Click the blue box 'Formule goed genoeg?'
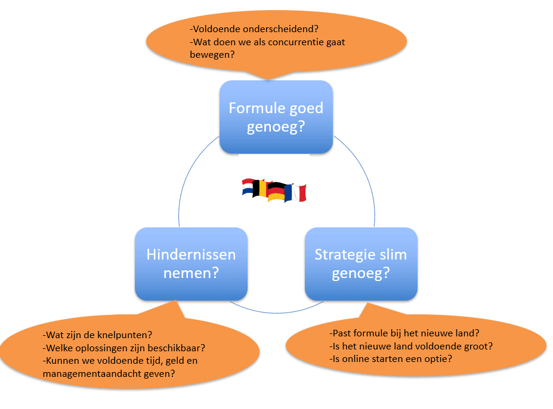tap(276, 117)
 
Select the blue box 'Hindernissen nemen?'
tap(191, 264)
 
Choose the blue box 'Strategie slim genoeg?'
tap(361, 264)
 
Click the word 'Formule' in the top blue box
tap(255, 108)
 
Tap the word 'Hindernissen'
tap(191, 255)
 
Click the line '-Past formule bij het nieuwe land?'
tap(404, 333)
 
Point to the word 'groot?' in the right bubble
tap(477, 346)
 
